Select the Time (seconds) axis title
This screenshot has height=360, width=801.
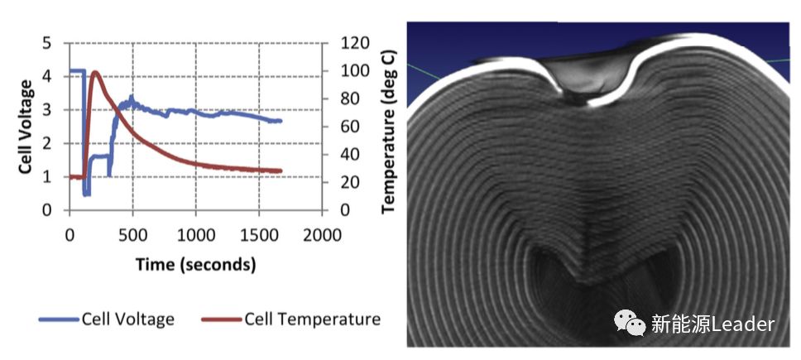[195, 265]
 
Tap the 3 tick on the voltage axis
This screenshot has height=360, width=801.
[46, 110]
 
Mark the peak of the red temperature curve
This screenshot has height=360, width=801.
[96, 72]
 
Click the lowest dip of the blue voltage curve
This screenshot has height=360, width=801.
[86, 194]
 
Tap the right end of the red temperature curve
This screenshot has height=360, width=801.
[281, 171]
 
